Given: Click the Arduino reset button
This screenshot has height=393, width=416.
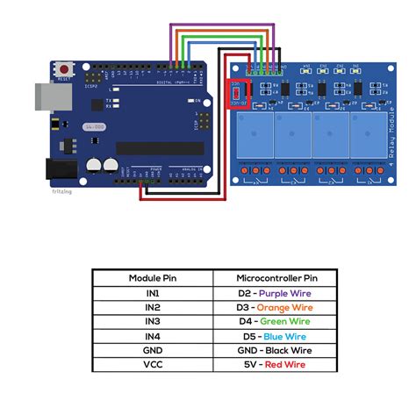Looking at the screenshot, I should [64, 68].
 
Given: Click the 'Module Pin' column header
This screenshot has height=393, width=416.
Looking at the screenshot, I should [152, 277].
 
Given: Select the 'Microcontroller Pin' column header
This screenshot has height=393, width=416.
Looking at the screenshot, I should [274, 277].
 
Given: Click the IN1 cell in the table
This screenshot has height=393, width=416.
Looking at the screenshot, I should [152, 293].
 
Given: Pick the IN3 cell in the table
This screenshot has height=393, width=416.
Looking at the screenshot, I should [152, 321].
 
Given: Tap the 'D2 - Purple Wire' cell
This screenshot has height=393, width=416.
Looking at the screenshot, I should [274, 293].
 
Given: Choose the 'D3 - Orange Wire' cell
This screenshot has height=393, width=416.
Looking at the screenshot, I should [274, 307].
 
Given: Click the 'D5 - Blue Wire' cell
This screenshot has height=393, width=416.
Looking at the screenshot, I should [274, 335].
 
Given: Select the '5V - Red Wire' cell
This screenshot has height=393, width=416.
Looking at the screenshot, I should [274, 363].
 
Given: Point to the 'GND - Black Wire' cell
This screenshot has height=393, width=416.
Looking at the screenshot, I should [274, 349].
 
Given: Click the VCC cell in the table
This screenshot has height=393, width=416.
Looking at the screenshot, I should [152, 363].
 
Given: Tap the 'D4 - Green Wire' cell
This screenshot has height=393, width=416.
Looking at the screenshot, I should [274, 321].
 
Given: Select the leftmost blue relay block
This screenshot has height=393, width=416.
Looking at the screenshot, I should [254, 134].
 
